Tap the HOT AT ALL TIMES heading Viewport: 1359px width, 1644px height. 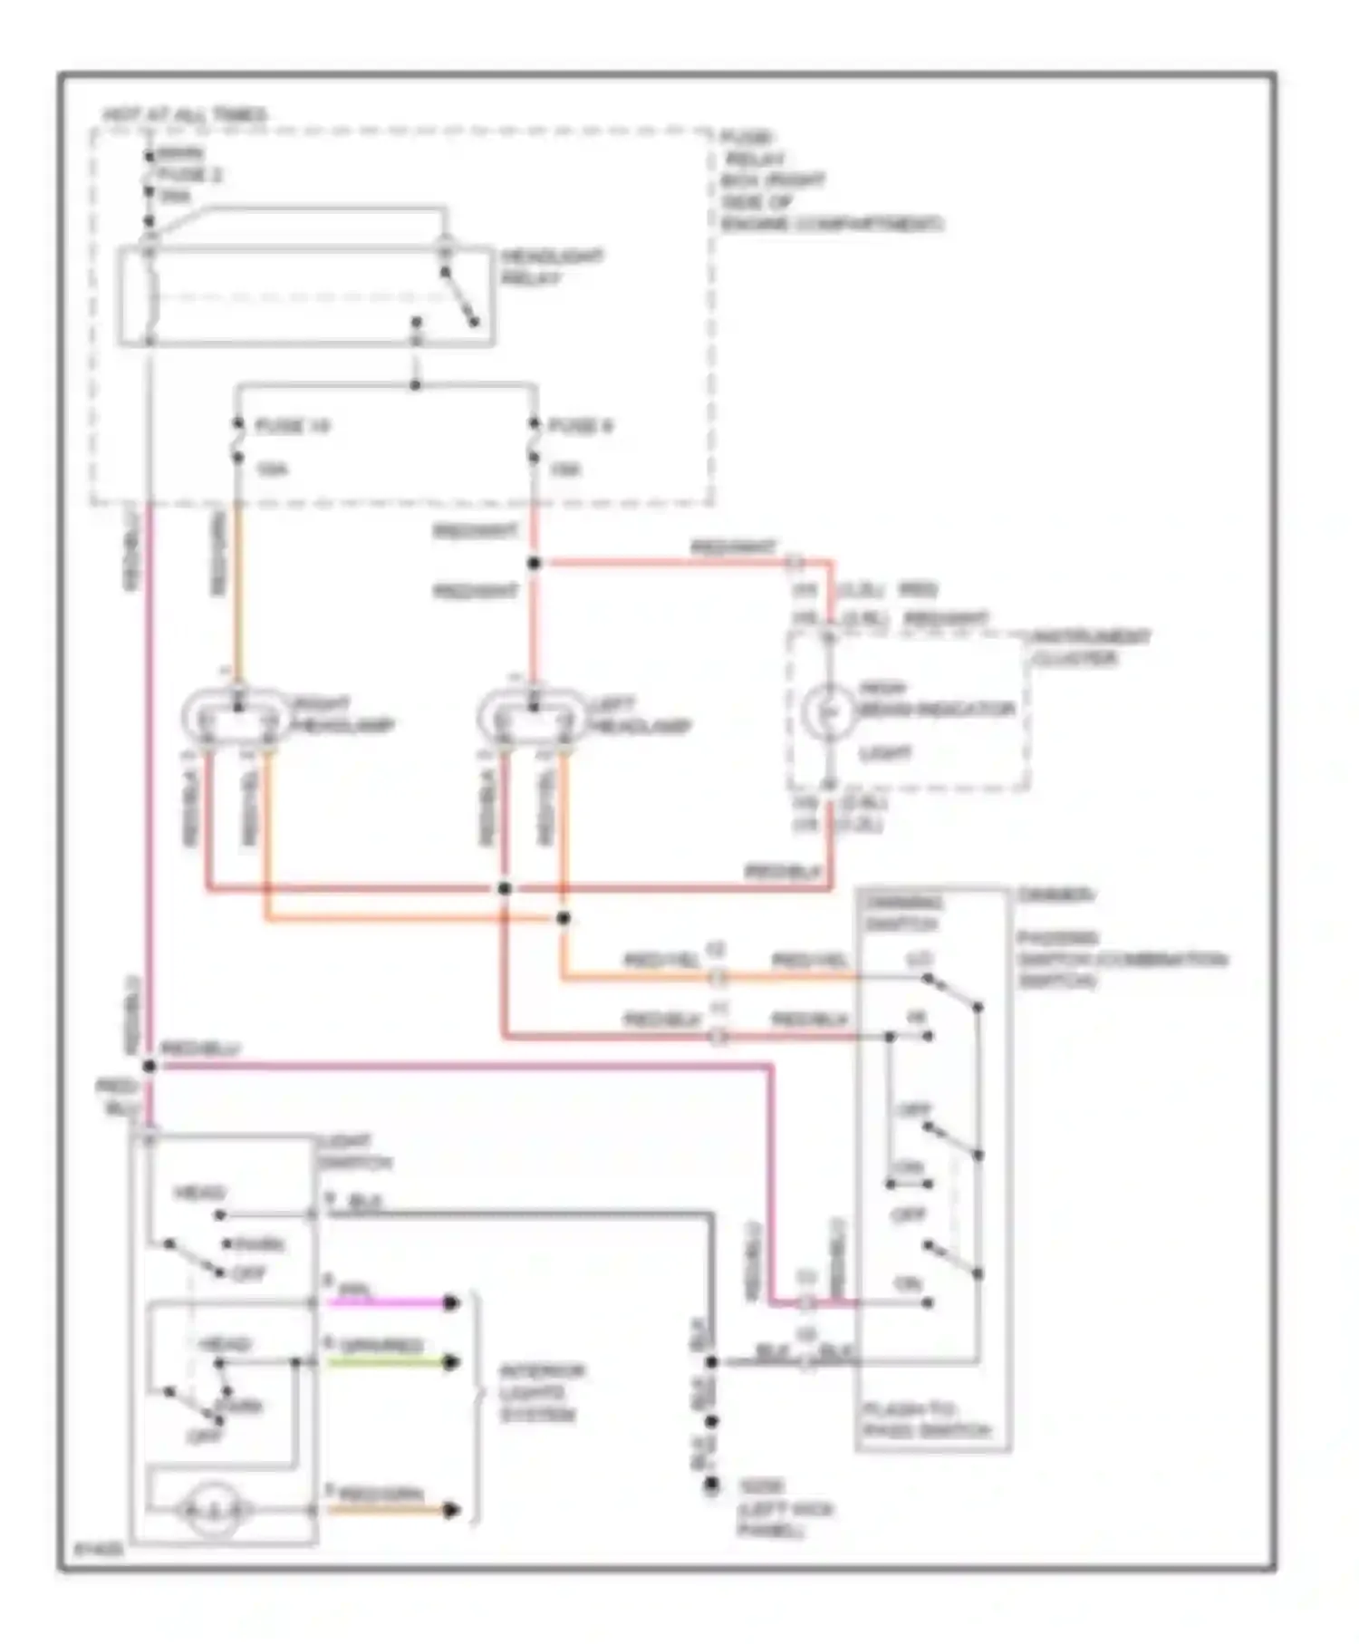pyautogui.click(x=185, y=115)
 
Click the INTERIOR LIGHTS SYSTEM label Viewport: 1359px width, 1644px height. pyautogui.click(x=542, y=1393)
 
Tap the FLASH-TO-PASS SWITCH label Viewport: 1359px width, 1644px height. pyautogui.click(x=925, y=1420)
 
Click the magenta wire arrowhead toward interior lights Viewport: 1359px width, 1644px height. pyautogui.click(x=450, y=1302)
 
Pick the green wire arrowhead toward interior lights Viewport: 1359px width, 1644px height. pyautogui.click(x=450, y=1362)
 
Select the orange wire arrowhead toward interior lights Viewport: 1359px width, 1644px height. pyautogui.click(x=450, y=1510)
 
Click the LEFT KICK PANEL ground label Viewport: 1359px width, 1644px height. pyautogui.click(x=785, y=1509)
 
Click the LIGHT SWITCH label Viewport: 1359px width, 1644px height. pyautogui.click(x=353, y=1152)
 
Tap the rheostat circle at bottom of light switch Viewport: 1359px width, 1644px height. pyautogui.click(x=213, y=1510)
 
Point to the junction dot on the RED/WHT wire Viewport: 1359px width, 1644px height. pyautogui.click(x=534, y=564)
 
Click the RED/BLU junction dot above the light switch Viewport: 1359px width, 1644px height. pyautogui.click(x=149, y=1066)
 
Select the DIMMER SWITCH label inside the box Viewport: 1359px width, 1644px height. pyautogui.click(x=902, y=914)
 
